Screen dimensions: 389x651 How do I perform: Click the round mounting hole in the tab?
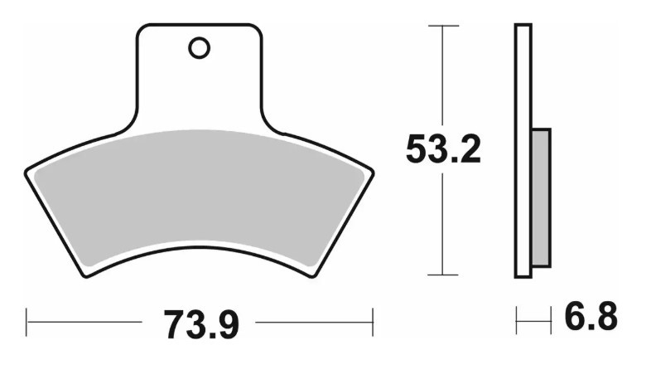[199, 48]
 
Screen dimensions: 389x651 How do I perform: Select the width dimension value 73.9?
[201, 323]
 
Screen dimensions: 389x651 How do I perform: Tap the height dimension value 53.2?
[443, 150]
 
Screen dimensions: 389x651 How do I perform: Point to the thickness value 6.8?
[590, 318]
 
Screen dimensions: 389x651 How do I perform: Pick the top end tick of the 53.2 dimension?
[443, 26]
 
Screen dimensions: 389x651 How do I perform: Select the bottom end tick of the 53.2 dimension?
[443, 275]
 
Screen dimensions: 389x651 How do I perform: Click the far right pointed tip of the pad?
[372, 172]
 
